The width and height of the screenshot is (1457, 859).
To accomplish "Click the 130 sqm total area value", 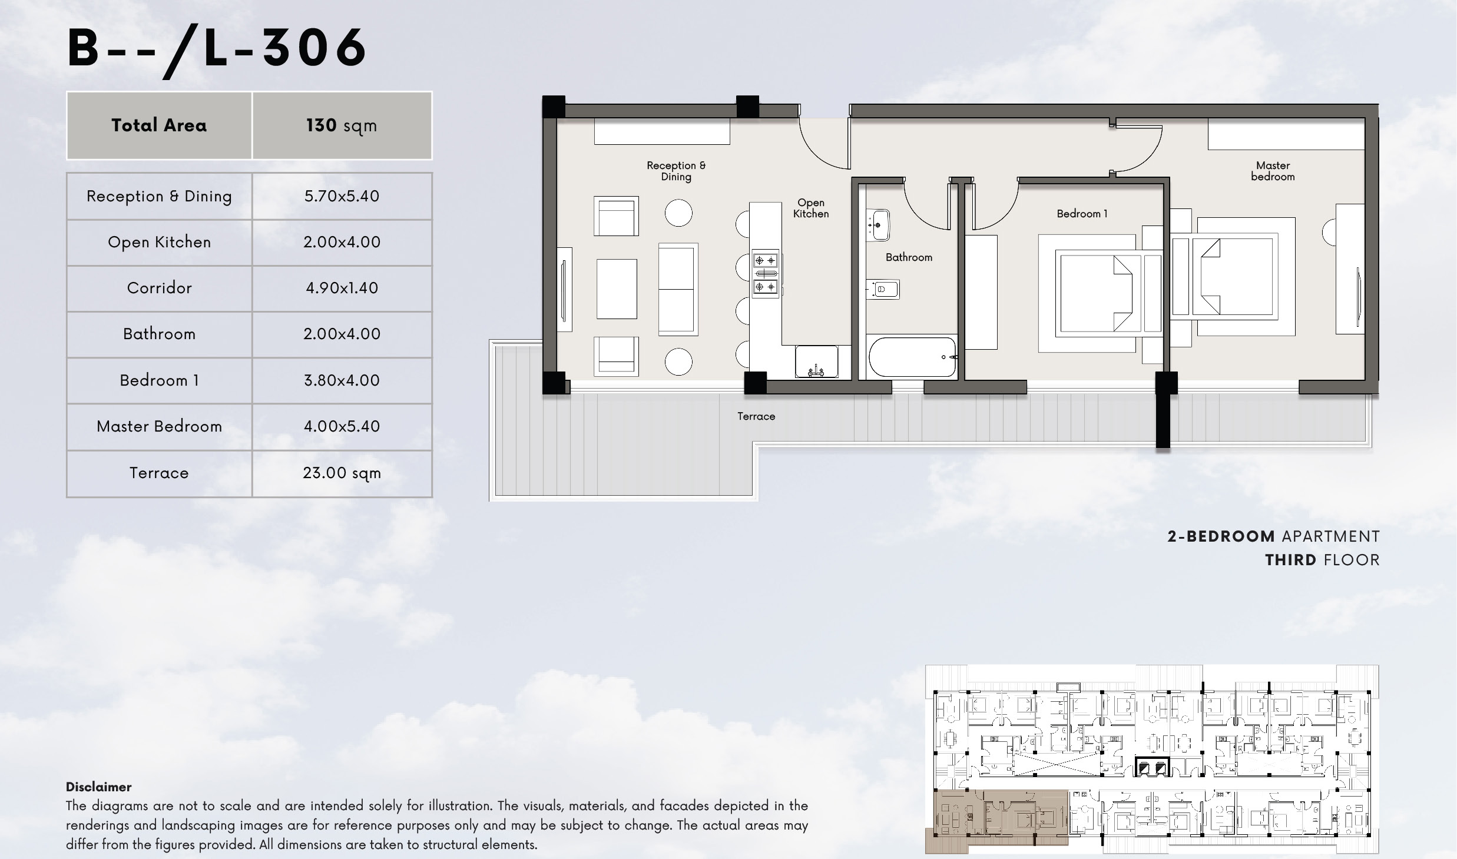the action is point(342,125).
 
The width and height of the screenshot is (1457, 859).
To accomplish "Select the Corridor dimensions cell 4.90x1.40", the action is point(342,288).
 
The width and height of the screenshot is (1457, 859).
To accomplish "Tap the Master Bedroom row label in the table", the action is point(159,426).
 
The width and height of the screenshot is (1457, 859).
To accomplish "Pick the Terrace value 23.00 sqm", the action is point(342,473).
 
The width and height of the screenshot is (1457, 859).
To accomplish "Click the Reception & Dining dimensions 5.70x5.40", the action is point(342,196).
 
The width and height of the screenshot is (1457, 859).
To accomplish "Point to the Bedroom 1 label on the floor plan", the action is point(1082,214).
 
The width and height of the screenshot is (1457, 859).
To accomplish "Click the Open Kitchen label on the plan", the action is point(811,208).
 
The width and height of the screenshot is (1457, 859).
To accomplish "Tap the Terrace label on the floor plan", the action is point(756,416).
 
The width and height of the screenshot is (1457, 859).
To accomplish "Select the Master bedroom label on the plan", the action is point(1273,171).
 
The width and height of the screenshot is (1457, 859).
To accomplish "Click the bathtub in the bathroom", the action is point(912,356).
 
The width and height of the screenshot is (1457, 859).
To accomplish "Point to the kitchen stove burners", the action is point(766,273).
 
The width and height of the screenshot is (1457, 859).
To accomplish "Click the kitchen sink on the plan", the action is point(816,361).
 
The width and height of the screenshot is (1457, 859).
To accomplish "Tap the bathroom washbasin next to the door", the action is point(878,225).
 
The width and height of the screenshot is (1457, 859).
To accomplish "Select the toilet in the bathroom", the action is point(883,289).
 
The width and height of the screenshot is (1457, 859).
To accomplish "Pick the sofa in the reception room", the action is point(678,289).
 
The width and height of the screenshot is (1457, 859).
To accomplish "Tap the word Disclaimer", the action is point(98,787).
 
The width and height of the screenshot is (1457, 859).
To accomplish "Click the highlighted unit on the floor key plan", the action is point(1001,818).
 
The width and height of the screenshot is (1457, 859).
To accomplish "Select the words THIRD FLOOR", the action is point(1322,560).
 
